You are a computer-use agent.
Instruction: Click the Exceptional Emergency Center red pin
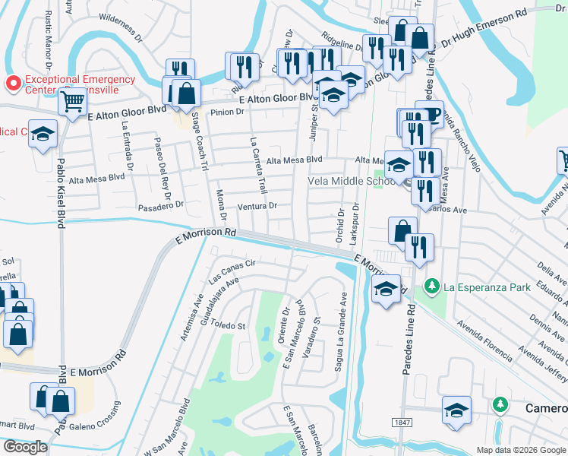13,82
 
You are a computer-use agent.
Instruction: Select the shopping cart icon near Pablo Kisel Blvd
72,102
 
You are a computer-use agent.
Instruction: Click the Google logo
25,447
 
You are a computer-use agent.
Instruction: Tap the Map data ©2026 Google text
521,450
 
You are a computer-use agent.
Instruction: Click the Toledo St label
229,326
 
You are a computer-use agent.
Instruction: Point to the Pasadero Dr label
162,205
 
